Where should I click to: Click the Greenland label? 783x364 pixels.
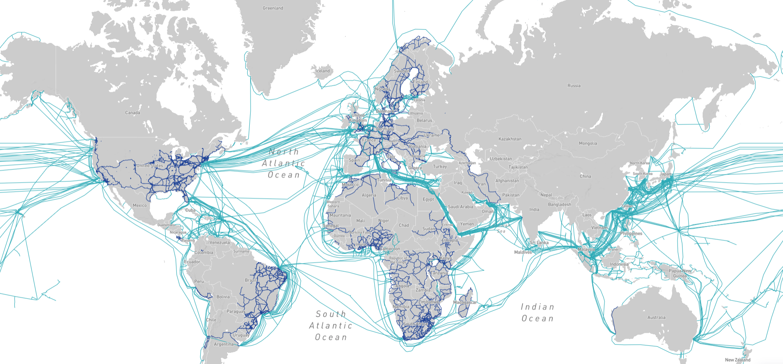(x=273, y=8)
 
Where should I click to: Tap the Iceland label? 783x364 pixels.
(x=323, y=71)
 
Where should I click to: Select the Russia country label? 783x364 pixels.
(x=574, y=86)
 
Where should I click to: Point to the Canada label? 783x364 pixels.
(x=133, y=113)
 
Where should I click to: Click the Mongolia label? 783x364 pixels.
(x=588, y=143)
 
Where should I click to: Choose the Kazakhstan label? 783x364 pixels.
(x=510, y=139)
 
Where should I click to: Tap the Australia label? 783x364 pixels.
(x=656, y=317)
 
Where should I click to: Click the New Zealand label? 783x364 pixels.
(x=738, y=360)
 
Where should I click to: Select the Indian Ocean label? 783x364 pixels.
(x=537, y=312)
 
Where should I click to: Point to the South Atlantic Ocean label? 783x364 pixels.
(x=331, y=326)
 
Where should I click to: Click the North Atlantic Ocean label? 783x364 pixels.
(x=284, y=163)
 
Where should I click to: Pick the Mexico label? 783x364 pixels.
(x=140, y=205)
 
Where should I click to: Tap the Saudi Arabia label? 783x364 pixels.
(x=460, y=207)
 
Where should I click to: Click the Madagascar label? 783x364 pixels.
(x=465, y=302)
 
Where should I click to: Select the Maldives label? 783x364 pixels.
(x=523, y=252)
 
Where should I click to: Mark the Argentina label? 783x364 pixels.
(x=224, y=344)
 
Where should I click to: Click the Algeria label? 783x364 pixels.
(x=369, y=195)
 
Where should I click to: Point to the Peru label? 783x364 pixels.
(x=199, y=282)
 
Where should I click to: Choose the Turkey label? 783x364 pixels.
(x=440, y=167)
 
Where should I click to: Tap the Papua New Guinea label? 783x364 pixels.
(x=680, y=273)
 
